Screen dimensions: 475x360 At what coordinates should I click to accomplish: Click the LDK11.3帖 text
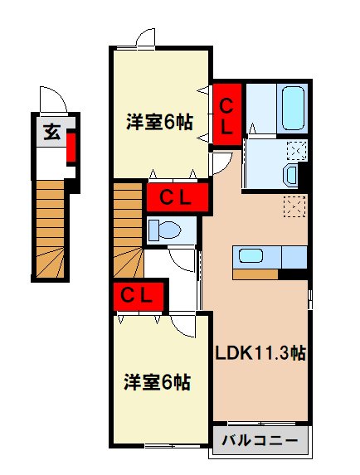point(261,352)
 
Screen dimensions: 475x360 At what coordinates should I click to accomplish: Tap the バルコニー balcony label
point(260,441)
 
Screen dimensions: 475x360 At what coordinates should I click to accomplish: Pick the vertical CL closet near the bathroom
point(226,114)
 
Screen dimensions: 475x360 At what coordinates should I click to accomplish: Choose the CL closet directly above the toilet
point(176,197)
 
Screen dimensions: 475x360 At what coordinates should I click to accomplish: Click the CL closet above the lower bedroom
point(139,294)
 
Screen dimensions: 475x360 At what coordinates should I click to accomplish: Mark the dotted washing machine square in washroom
point(296,150)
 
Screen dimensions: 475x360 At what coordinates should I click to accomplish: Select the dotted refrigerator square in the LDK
point(294,205)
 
